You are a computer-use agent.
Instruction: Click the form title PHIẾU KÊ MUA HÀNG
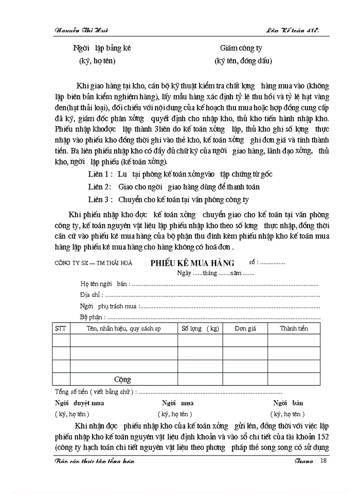click(192, 262)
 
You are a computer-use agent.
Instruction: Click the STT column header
click(61, 328)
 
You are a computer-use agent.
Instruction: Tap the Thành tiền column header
click(294, 328)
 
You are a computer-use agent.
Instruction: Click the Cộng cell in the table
click(122, 380)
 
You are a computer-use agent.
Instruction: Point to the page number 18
click(323, 460)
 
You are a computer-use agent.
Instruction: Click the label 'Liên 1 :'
click(100, 174)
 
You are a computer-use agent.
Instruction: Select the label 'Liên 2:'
click(99, 187)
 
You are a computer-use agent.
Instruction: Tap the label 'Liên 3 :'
click(100, 200)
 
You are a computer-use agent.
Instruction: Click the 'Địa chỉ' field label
click(91, 295)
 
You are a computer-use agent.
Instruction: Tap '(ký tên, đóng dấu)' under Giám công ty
click(243, 61)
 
